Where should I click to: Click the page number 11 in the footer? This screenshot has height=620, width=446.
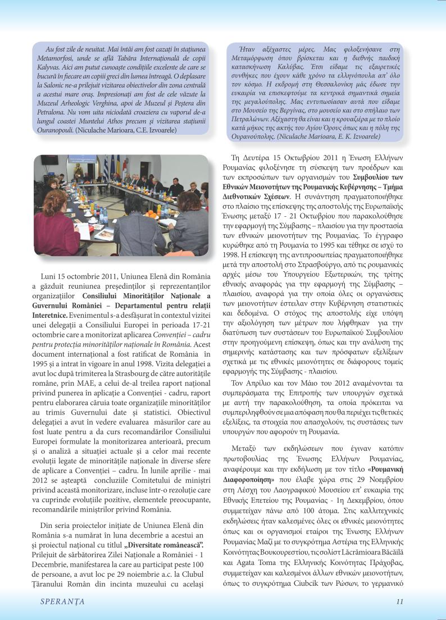click(399, 601)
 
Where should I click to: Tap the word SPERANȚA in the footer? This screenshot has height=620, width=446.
click(62, 601)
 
